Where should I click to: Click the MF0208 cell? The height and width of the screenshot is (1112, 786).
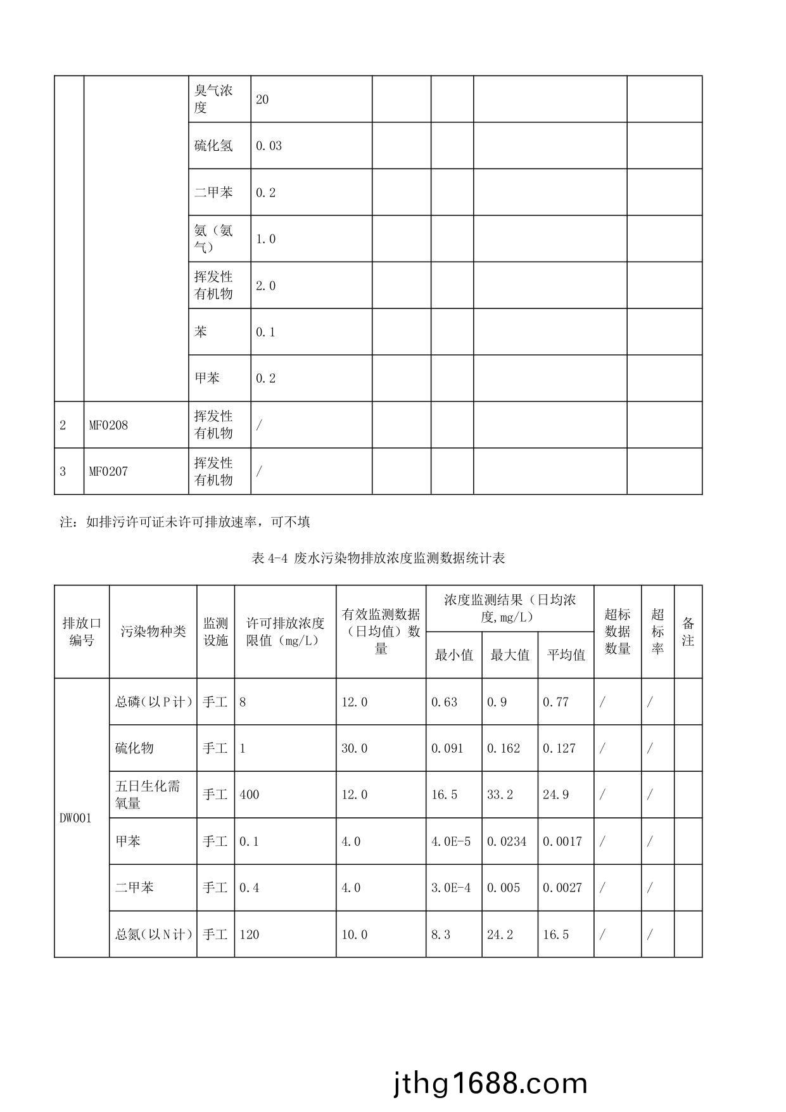(x=108, y=425)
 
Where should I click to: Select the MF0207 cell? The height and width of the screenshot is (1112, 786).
(x=108, y=471)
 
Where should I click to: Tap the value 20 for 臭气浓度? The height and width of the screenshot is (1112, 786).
(x=262, y=99)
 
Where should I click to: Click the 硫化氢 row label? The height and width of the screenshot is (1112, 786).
(x=213, y=146)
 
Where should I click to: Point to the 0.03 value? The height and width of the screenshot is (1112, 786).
(x=269, y=146)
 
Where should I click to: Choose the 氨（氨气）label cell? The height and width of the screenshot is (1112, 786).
(x=213, y=239)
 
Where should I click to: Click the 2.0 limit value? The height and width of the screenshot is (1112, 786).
(x=265, y=286)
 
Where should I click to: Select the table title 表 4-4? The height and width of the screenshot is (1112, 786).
(x=378, y=558)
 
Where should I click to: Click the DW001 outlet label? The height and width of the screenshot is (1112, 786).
(x=75, y=818)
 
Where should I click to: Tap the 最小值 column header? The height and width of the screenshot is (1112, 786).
(x=453, y=655)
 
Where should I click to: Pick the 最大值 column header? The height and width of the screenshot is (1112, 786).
(x=510, y=655)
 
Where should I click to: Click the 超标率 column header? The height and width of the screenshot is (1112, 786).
(x=657, y=632)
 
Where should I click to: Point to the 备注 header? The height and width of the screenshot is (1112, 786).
(x=688, y=632)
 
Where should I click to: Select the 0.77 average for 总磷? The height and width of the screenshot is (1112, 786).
(x=555, y=702)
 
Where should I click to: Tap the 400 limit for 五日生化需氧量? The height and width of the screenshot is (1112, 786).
(x=250, y=795)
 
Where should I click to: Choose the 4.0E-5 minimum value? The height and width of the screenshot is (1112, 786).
(x=451, y=841)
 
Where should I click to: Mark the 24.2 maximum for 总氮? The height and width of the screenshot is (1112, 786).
(x=500, y=935)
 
